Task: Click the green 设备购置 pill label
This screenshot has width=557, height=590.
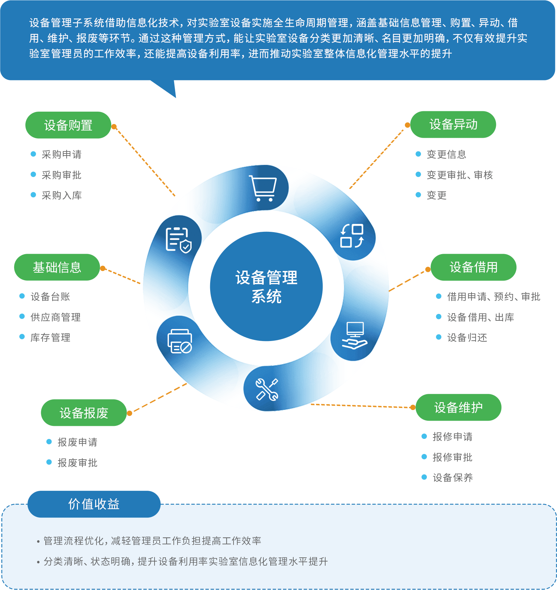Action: (68, 125)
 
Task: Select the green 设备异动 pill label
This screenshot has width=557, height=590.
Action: (453, 124)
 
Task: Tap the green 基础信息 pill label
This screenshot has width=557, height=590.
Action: (57, 267)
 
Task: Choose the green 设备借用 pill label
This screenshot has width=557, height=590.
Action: (473, 267)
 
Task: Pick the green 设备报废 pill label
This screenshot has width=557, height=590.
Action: (84, 413)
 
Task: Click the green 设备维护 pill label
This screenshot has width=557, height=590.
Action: (458, 408)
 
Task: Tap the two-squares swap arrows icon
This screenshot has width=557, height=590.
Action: (352, 236)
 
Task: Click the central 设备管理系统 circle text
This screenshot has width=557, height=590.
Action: (266, 287)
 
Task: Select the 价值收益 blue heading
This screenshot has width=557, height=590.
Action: (94, 504)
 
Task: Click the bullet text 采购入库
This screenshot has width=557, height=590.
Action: (61, 195)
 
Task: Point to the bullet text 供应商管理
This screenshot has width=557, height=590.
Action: (55, 317)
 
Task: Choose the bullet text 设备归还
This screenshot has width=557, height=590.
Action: (467, 338)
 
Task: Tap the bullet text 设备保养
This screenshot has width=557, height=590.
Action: (453, 477)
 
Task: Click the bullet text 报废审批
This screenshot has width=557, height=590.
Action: (77, 463)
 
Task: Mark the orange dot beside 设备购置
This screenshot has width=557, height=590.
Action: (114, 127)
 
